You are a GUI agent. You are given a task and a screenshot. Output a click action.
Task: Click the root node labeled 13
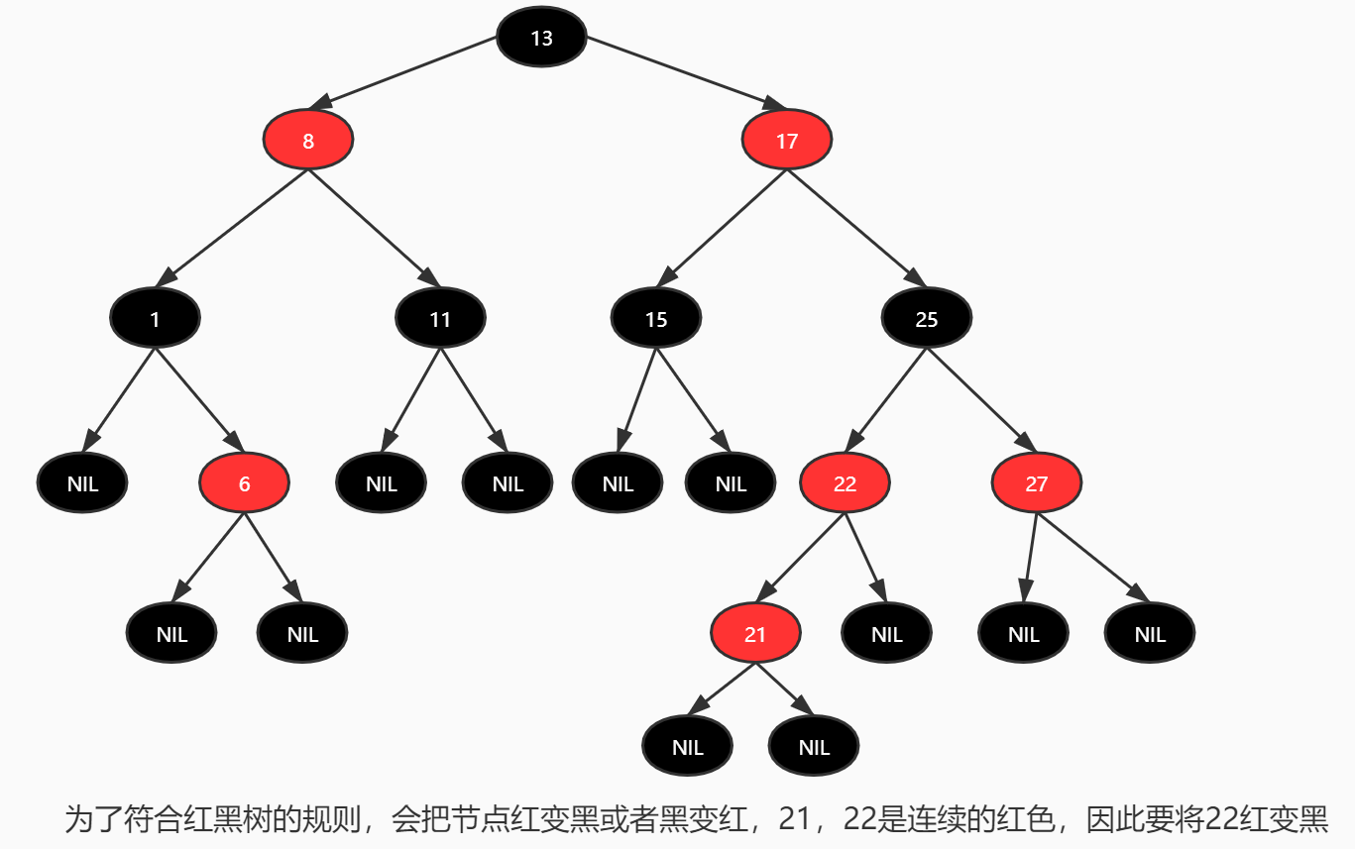541,38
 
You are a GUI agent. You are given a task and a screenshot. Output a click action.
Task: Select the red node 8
308,141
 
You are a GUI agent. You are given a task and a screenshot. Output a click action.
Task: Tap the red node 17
787,141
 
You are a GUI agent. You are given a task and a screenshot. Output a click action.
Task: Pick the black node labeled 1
156,318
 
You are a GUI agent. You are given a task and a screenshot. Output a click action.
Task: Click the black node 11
440,318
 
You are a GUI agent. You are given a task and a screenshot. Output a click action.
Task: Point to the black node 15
656,318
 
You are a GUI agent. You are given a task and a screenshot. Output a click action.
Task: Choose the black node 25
927,318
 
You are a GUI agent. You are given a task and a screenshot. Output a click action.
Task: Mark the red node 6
244,483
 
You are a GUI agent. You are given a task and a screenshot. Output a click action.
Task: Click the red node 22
846,483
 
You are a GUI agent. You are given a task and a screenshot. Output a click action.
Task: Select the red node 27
1037,483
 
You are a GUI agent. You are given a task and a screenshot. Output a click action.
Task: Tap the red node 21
755,633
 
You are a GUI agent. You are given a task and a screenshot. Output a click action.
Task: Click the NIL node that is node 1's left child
82,483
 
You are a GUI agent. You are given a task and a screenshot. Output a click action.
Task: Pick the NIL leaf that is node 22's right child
887,633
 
